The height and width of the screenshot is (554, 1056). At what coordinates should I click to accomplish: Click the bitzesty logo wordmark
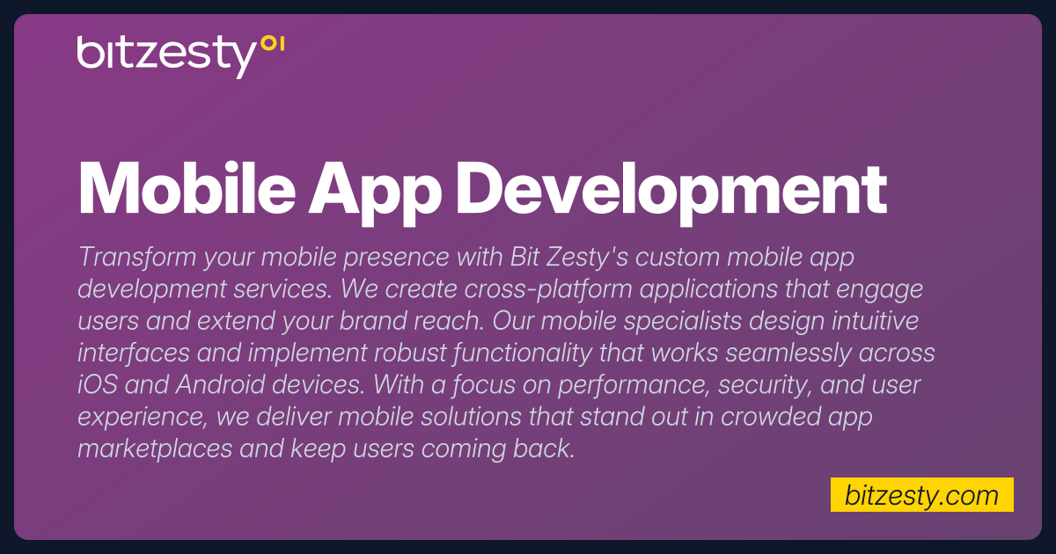(165, 55)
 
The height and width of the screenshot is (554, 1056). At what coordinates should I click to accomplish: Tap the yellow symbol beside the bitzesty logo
(273, 43)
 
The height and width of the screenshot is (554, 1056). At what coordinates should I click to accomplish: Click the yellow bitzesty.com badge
(921, 495)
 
